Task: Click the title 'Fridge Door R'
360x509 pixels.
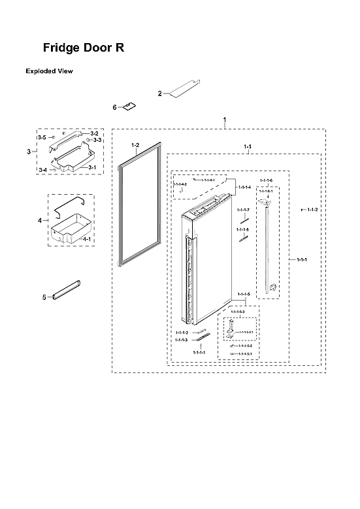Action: [82, 48]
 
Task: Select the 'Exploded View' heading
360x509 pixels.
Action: [49, 71]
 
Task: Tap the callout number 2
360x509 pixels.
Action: [159, 94]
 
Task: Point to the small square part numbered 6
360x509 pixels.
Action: [129, 106]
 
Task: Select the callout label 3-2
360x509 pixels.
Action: [94, 133]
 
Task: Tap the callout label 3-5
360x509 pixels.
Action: [41, 139]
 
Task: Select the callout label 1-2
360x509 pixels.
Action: [135, 144]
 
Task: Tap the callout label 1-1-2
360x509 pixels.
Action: [311, 209]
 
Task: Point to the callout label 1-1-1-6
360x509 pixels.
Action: [266, 180]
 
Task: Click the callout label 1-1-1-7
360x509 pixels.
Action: [243, 210]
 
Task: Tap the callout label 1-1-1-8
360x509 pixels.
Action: [243, 230]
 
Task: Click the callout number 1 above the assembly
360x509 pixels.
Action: [225, 120]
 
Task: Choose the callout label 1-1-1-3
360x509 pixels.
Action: [181, 340]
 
